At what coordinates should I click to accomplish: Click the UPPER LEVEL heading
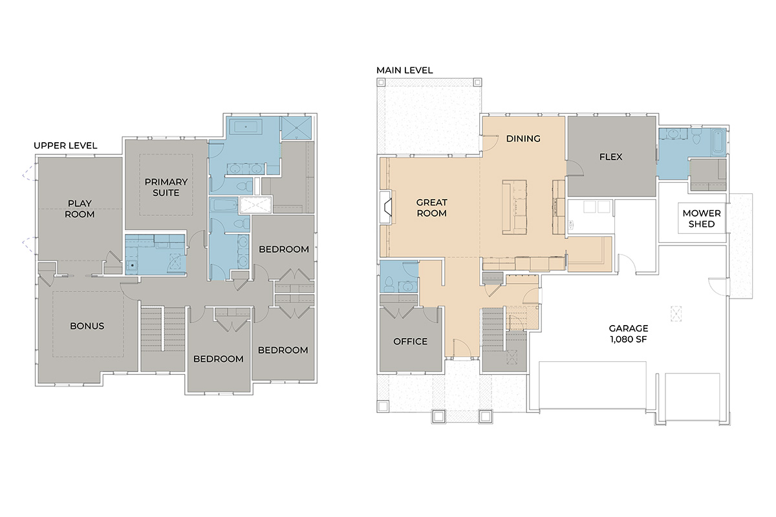point(65,145)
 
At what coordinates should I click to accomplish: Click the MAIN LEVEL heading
point(405,70)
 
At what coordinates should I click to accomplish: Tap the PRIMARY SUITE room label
point(166,187)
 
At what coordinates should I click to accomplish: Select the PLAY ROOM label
point(80,209)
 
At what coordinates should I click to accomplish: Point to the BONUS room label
point(87,326)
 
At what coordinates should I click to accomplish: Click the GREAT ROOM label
point(432,208)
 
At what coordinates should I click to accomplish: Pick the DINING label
point(523,138)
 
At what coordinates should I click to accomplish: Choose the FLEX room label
point(610,157)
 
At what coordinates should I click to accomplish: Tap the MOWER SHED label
point(702,218)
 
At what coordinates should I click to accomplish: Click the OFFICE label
point(410,341)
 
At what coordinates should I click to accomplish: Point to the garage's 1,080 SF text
point(629,339)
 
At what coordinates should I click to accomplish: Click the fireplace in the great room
point(385,207)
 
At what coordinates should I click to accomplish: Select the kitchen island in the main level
point(515,207)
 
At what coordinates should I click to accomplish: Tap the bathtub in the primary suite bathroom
point(246,127)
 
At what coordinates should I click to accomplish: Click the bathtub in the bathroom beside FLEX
point(718,142)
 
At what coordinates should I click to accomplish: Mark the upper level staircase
point(162,329)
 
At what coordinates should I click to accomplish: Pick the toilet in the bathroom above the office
point(389,284)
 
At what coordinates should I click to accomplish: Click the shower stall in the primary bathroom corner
point(296,128)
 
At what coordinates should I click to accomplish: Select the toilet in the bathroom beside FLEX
point(696,136)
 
